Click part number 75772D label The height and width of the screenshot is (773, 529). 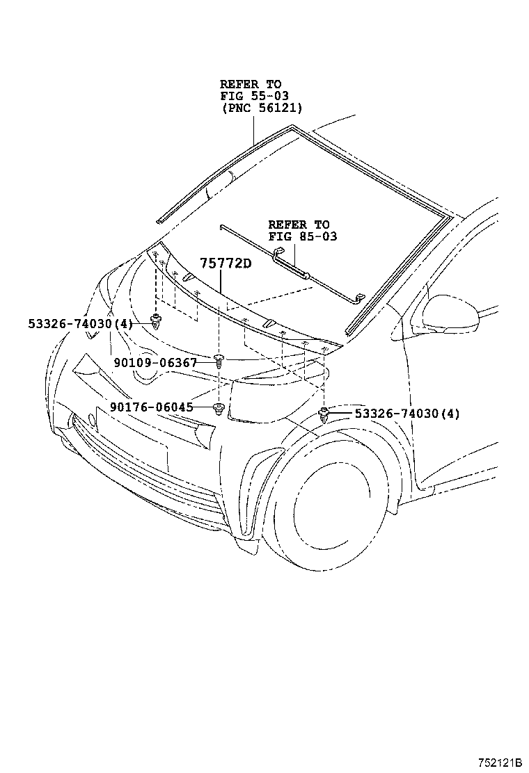coord(226,263)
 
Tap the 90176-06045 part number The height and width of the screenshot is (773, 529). coord(151,407)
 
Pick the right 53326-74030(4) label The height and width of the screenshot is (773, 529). coord(407,414)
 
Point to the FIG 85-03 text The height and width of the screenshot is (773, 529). coord(302,236)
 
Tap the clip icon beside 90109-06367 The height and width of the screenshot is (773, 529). coord(218,361)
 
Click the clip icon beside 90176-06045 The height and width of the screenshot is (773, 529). coord(219,408)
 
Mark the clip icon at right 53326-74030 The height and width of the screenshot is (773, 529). coord(324,415)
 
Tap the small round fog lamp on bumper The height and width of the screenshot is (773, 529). coord(91,420)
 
